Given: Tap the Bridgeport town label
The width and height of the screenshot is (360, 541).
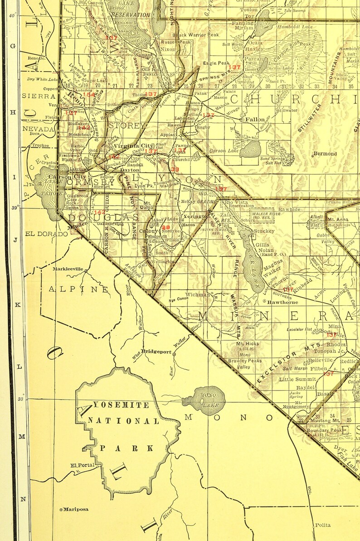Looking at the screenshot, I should pos(156,352).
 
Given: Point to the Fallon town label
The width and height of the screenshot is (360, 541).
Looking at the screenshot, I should pos(254,120).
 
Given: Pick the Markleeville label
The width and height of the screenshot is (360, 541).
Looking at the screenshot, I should pos(68,269).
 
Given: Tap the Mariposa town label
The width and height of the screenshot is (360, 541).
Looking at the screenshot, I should pos(75,509).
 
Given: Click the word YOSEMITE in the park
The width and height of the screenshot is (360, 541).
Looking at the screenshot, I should pos(120,405).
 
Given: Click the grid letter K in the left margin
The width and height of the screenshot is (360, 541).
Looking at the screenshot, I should pos(18,304).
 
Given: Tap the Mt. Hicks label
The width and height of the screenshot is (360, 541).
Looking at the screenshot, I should pos(248,344).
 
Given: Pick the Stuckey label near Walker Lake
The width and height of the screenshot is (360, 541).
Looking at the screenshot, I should pos(264,231).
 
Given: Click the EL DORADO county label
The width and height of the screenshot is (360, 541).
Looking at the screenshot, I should pos(43,234).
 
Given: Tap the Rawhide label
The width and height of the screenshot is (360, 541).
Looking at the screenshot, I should pos(289,209).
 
